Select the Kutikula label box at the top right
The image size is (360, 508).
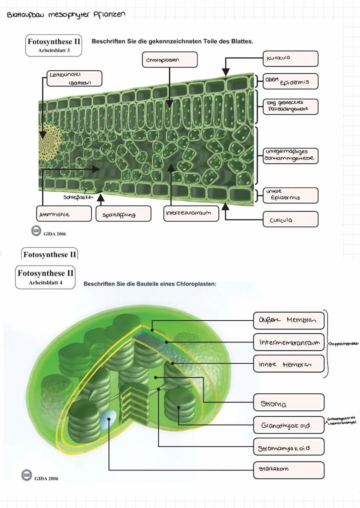(290, 58)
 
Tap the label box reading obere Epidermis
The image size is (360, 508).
(290, 81)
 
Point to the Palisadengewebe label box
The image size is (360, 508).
(290, 106)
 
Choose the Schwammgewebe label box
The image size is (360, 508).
(290, 156)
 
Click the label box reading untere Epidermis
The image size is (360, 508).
(290, 195)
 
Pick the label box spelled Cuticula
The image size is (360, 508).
(290, 219)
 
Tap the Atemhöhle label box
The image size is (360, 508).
(64, 214)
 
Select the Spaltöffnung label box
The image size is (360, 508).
(123, 214)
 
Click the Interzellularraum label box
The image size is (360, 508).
(191, 213)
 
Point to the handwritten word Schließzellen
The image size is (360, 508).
(78, 197)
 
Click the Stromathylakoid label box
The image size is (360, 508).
(289, 447)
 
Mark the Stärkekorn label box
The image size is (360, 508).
(289, 469)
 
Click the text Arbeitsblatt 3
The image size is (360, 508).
(53, 50)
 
